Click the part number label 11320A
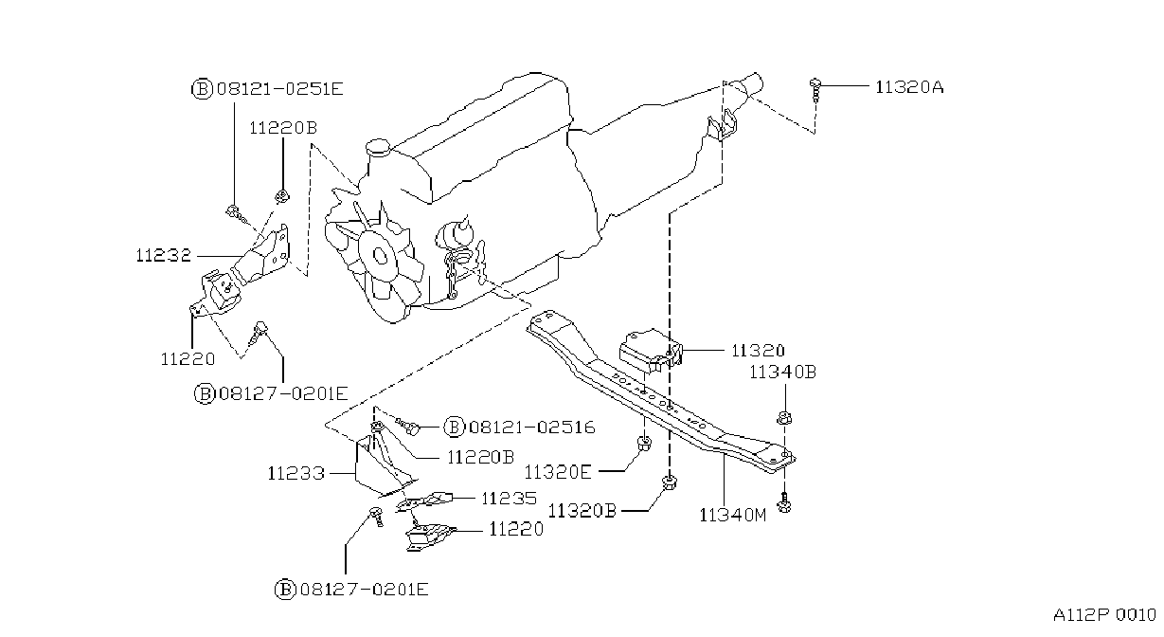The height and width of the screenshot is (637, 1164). pyautogui.click(x=909, y=87)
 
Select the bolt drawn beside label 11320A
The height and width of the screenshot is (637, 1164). pyautogui.click(x=815, y=90)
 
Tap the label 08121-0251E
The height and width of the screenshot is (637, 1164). pyautogui.click(x=280, y=89)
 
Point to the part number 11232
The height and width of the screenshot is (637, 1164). pyautogui.click(x=164, y=255)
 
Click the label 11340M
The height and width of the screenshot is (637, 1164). pyautogui.click(x=733, y=515)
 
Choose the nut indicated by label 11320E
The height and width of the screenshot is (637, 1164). pyautogui.click(x=644, y=444)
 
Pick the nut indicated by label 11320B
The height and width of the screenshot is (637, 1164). pyautogui.click(x=671, y=482)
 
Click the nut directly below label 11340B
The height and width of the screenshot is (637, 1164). pyautogui.click(x=784, y=418)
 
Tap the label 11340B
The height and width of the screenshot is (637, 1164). pyautogui.click(x=782, y=372)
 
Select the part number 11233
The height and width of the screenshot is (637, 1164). pyautogui.click(x=296, y=473)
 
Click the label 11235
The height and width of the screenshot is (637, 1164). pyautogui.click(x=510, y=499)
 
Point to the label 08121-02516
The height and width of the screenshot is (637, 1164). pyautogui.click(x=532, y=428)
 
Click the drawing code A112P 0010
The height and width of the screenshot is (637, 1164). pyautogui.click(x=1104, y=615)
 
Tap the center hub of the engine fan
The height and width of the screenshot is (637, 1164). pyautogui.click(x=381, y=256)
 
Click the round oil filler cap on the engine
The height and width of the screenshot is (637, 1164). pyautogui.click(x=378, y=147)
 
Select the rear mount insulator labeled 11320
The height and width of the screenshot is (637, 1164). pyautogui.click(x=650, y=351)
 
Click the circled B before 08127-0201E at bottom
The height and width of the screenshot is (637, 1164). pyautogui.click(x=285, y=590)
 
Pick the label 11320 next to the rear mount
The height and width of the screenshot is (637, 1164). pyautogui.click(x=758, y=351)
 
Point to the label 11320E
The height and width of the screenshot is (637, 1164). pyautogui.click(x=558, y=472)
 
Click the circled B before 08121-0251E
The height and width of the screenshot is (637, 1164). pyautogui.click(x=202, y=89)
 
